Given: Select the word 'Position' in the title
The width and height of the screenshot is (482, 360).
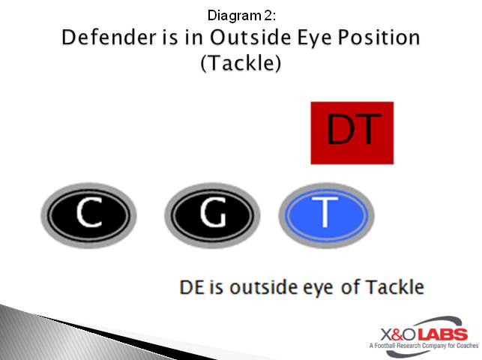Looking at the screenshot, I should [383, 37].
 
